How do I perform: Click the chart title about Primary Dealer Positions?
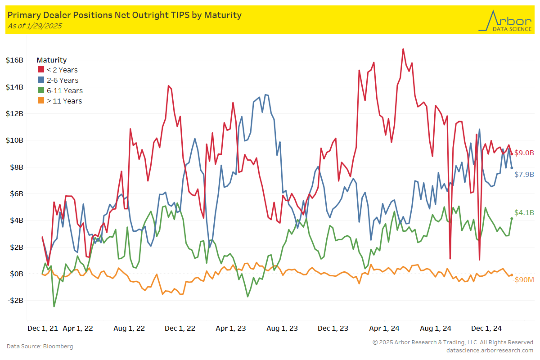[125, 15]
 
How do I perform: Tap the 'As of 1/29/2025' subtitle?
[35, 26]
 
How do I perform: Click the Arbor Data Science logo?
[504, 21]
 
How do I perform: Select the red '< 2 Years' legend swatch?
[40, 70]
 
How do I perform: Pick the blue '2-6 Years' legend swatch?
[40, 81]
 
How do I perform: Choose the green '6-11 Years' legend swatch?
[40, 91]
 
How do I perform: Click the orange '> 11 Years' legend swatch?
[40, 101]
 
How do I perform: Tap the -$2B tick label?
[15, 301]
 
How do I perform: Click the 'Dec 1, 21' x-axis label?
[43, 328]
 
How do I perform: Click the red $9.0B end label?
[524, 153]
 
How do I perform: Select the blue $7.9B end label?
[524, 174]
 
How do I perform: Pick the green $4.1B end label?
[524, 213]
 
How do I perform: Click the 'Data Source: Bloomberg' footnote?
[40, 346]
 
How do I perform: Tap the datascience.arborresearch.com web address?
[490, 350]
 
